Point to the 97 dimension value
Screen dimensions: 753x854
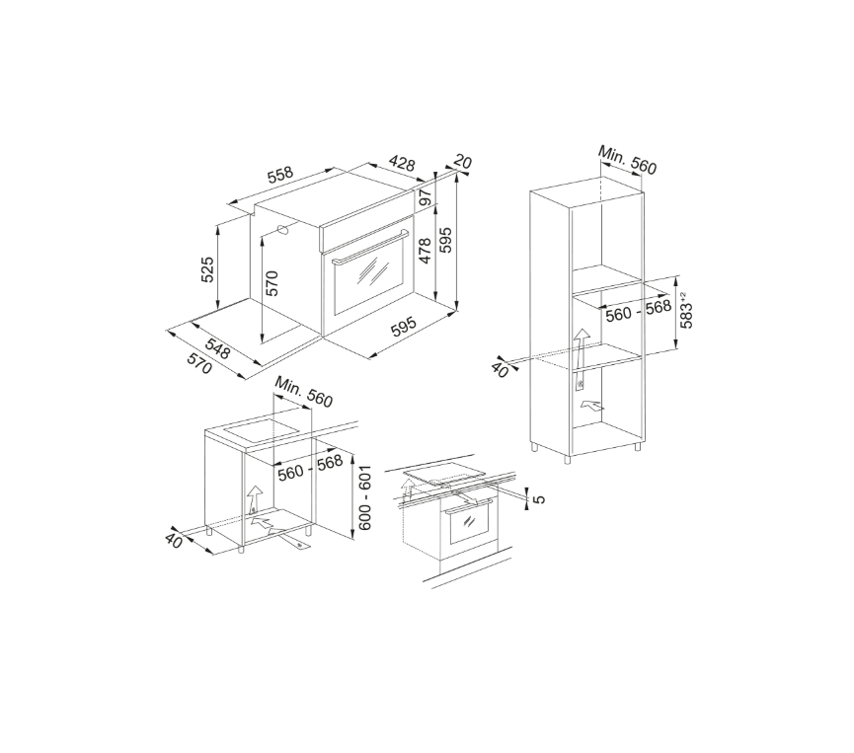[x=427, y=199]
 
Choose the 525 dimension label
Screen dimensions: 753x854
[x=207, y=269]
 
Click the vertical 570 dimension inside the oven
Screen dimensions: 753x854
[x=272, y=283]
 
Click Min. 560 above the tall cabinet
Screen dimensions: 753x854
[x=627, y=161]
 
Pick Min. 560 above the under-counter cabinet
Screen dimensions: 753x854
[x=304, y=392]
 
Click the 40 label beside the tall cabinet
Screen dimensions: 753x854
[x=501, y=369]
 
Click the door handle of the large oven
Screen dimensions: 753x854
[x=369, y=253]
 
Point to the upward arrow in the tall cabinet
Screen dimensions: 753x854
[x=582, y=348]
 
